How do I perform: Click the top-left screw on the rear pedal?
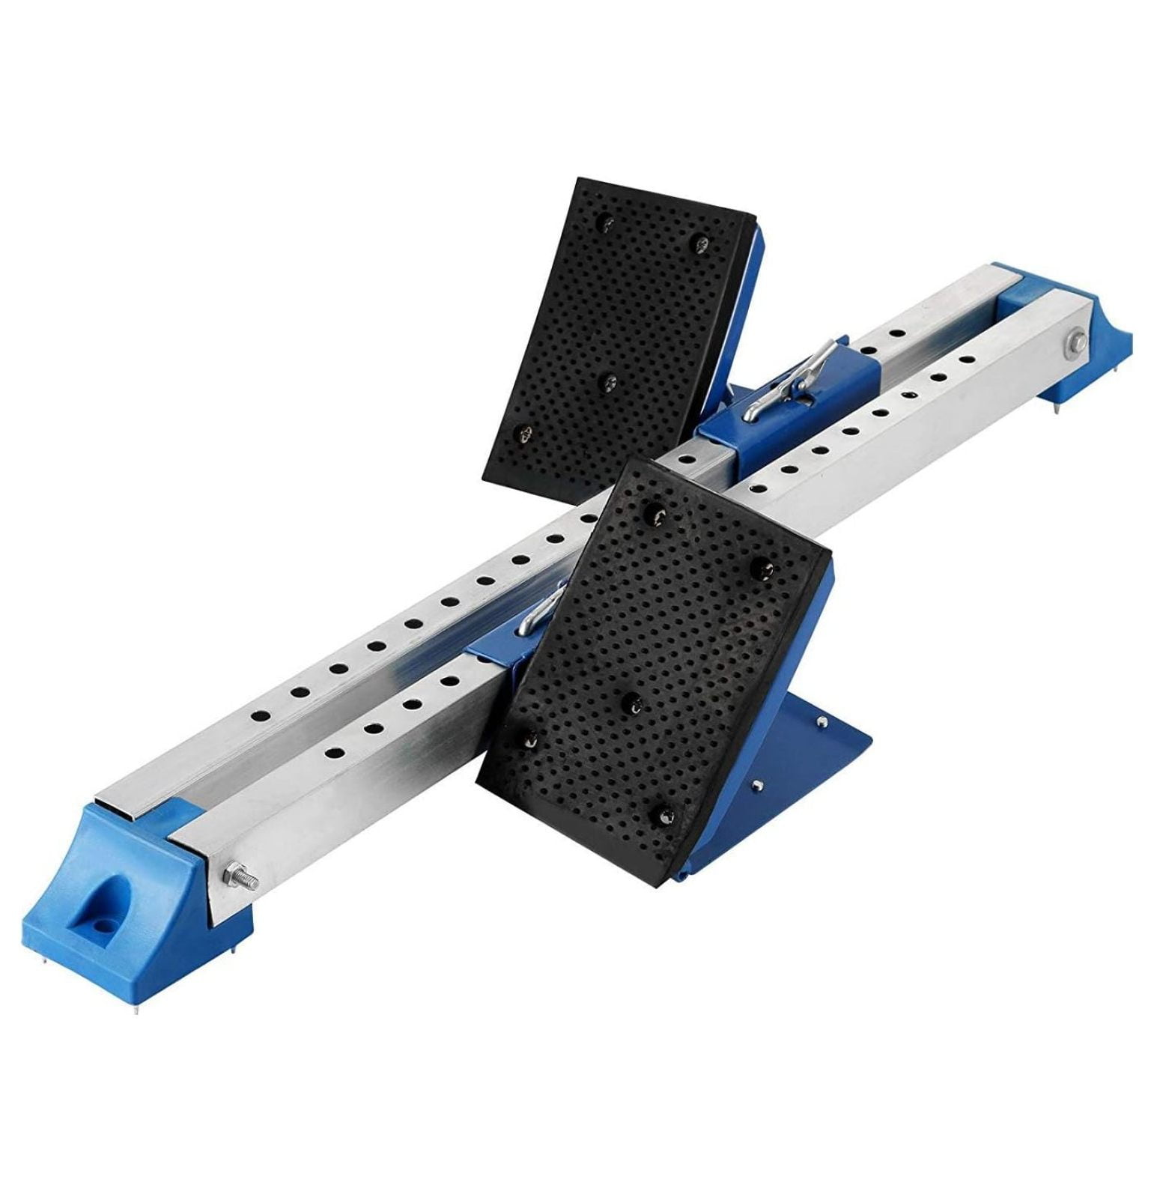609,222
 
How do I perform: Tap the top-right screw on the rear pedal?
702,241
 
